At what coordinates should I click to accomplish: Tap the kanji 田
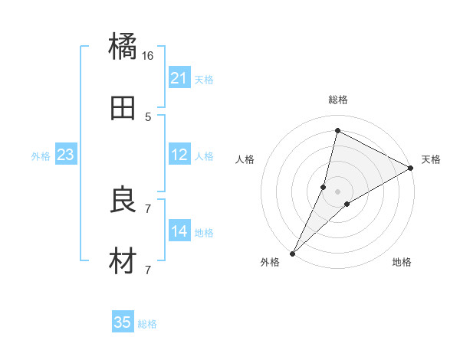point(123,108)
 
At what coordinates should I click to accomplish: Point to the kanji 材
point(123,261)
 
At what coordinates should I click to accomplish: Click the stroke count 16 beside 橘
point(148,56)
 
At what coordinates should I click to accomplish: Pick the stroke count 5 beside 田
point(148,117)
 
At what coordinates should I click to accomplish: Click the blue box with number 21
point(179,78)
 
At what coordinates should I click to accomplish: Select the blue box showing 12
point(179,155)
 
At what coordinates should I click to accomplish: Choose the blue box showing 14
point(179,231)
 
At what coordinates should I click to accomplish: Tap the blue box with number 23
point(66,155)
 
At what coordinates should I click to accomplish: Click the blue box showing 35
point(123,322)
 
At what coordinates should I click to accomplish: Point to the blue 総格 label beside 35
point(147,324)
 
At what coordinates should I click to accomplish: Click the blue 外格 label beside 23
point(41,156)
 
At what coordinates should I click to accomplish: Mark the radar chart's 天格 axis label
point(431,159)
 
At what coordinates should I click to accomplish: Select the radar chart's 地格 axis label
point(402,263)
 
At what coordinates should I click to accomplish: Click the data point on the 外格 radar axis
point(292,253)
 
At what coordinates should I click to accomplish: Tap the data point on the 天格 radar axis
point(411,168)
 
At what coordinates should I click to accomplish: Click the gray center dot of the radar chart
point(337,191)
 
